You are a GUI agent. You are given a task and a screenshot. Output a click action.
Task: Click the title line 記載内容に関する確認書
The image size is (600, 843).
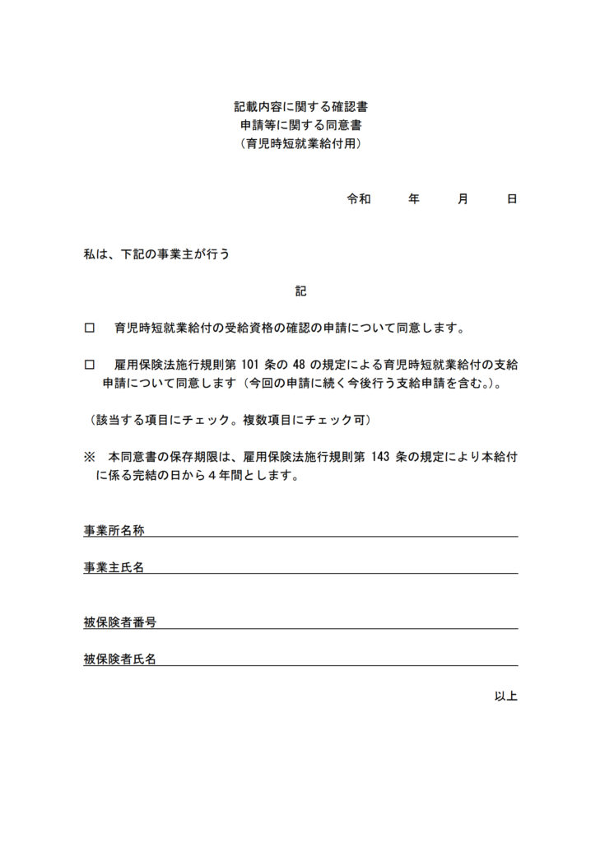pos(300,107)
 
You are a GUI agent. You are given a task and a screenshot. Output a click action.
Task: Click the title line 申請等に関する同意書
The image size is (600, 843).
pos(300,125)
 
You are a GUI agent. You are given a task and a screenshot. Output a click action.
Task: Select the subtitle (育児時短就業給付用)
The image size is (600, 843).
pos(300,143)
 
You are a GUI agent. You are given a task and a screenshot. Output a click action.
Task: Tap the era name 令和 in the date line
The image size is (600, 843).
pos(359,199)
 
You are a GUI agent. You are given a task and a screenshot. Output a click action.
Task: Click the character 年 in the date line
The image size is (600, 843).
pos(414,199)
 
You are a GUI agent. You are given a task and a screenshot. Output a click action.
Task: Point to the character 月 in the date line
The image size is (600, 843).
pos(463,199)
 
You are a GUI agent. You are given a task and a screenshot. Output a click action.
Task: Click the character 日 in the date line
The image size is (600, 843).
pos(512,199)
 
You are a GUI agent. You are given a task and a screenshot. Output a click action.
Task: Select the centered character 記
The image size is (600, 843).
pos(300,291)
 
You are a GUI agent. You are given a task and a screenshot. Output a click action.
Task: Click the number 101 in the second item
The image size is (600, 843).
pos(250,365)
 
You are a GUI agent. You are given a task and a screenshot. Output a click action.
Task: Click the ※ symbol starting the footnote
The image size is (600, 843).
pos(90,457)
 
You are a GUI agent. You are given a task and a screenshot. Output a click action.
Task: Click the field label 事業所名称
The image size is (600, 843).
pos(114,531)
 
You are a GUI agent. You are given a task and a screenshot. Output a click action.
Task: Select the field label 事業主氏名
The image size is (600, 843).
pos(114,567)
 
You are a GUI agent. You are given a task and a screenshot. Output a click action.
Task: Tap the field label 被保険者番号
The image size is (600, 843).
pos(119,622)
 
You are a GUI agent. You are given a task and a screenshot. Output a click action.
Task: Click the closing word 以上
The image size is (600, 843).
pos(505,696)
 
